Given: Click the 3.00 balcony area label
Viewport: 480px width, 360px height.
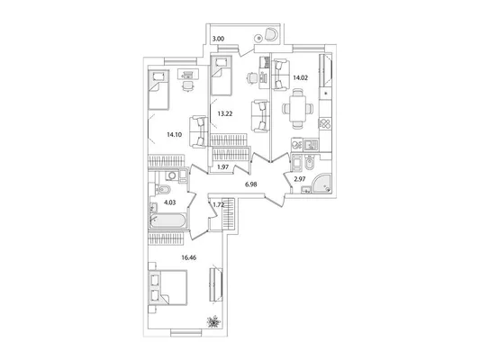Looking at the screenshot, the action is point(219,39).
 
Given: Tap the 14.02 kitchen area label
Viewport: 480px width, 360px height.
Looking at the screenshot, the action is point(300,77).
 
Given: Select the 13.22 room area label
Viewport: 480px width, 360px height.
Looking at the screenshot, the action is point(225,113).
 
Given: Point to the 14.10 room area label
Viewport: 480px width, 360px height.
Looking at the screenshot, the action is point(175,134).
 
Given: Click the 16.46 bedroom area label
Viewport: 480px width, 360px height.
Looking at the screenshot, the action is point(188,257).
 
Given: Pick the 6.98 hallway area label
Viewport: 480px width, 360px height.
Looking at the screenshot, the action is point(250,184).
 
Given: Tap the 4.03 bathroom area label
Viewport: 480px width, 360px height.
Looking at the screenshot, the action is point(170,202).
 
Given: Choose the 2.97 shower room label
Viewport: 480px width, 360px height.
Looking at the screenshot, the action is point(300,179).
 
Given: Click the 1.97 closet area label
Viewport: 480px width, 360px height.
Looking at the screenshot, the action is point(222,167).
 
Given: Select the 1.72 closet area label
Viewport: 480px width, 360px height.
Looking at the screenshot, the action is point(219,205).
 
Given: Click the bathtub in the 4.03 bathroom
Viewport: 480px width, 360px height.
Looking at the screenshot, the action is point(168,220).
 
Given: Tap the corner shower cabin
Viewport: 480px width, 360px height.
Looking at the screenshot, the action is point(321,184).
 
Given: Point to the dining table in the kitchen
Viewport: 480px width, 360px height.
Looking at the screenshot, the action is point(298,108).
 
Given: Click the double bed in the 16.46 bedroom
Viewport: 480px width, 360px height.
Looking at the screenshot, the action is point(168,287).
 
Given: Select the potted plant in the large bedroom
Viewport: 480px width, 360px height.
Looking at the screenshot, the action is point(213,322).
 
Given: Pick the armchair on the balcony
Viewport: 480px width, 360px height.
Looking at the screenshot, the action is point(271,34).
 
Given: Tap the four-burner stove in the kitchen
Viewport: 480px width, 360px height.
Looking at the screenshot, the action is point(325,124).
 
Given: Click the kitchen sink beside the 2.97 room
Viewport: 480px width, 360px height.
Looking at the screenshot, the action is point(311,145).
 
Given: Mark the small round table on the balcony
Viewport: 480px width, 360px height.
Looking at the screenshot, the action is point(259,38).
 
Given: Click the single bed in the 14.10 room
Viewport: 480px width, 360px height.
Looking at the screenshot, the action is point(158,90).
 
